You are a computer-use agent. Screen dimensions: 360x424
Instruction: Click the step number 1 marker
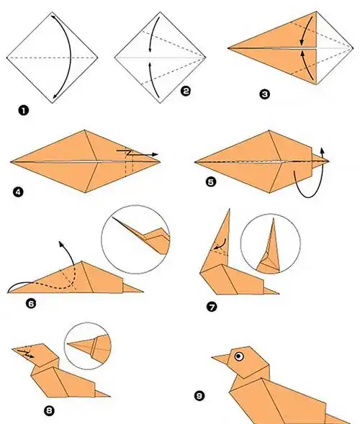coord(24,111)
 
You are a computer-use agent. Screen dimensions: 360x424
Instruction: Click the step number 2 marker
coord(186,91)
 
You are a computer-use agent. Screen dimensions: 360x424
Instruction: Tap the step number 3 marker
coord(265,94)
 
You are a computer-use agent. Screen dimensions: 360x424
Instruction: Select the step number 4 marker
coord(18,192)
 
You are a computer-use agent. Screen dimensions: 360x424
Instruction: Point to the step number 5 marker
coord(211,181)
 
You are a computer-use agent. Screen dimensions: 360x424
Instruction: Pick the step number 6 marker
coord(31,304)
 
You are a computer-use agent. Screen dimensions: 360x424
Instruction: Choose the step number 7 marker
coord(212,307)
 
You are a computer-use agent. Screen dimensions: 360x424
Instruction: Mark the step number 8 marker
coord(49,411)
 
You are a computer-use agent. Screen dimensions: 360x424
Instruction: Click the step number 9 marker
coord(199,396)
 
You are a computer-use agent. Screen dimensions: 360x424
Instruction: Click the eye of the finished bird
coord(239,356)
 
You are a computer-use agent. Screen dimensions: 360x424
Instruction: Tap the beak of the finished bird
coord(221,359)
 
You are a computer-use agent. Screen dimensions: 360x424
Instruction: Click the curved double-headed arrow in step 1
coord(71,57)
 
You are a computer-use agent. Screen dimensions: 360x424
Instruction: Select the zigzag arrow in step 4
coord(138,153)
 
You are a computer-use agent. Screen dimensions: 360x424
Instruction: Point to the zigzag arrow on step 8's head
coord(25,353)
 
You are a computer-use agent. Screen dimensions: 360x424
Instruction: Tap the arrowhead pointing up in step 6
coord(60,243)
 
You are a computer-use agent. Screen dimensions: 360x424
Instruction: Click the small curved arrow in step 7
coord(220,244)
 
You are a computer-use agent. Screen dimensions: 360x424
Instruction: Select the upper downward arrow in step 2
coord(153,34)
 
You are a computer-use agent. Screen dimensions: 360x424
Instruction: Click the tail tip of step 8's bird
coord(110,397)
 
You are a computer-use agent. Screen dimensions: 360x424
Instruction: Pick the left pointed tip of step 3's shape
coord(228,48)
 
